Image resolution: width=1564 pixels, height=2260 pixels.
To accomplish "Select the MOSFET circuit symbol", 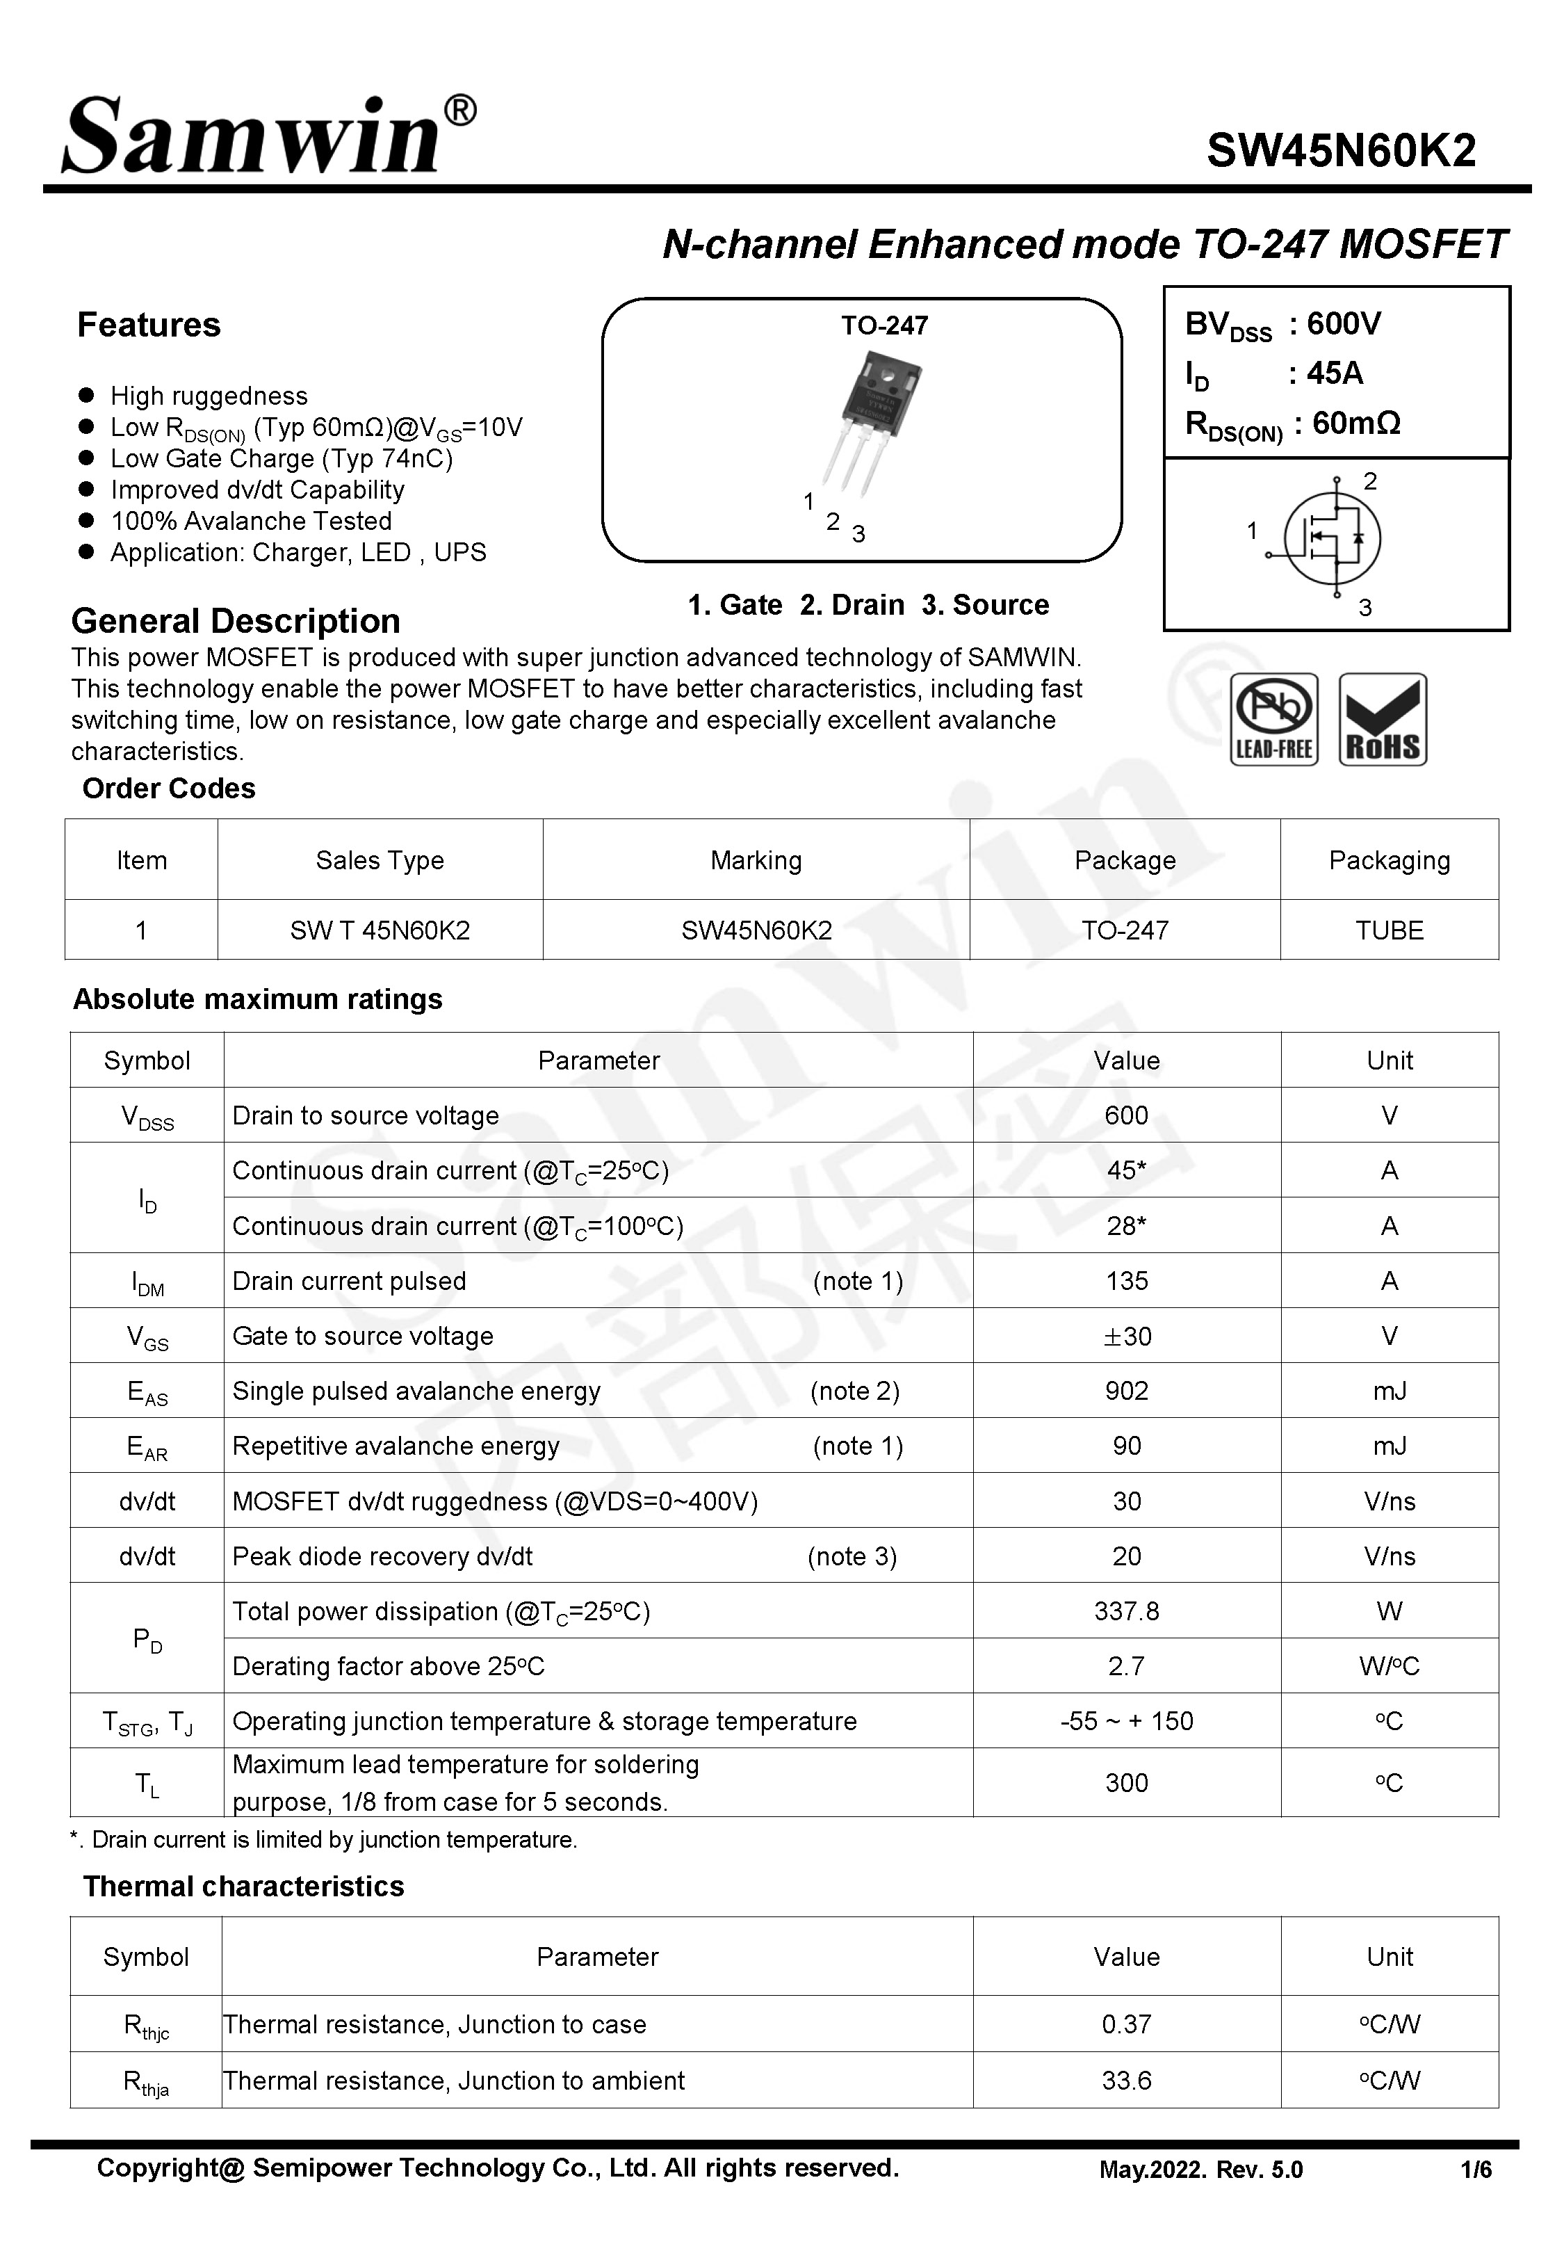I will point(1330,539).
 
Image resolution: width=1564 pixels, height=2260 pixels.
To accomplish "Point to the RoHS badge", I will point(1382,719).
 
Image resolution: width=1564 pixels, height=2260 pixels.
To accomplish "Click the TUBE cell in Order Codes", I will point(1389,930).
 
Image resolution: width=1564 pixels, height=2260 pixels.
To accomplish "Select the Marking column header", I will point(756,860).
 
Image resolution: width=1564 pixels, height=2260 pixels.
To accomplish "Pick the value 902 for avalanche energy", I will point(1126,1391).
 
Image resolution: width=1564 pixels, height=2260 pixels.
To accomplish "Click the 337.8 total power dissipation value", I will point(1126,1611).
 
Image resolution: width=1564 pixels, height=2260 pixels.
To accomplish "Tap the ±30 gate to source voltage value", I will point(1127,1336).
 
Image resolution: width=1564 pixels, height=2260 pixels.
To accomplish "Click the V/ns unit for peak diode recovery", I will point(1389,1556).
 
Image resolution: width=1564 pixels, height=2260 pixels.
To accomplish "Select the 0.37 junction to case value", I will point(1126,2024).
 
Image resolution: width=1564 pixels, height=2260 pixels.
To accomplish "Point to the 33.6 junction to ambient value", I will point(1126,2080).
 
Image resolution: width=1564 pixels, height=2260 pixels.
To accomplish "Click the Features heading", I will point(149,325).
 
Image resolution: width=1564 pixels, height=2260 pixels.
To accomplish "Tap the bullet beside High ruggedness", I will point(86,395).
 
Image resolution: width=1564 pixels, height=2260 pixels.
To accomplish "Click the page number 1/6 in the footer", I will point(1475,2170).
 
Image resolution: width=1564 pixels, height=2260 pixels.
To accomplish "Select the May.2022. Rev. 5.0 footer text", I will point(1200,2170).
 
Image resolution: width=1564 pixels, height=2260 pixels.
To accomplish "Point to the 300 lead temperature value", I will point(1126,1783).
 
